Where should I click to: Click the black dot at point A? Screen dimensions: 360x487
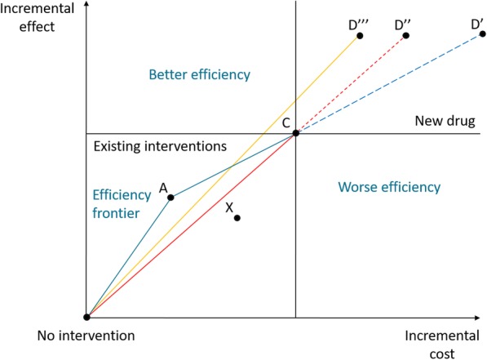[x=170, y=197]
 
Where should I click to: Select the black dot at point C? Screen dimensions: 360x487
[x=295, y=133]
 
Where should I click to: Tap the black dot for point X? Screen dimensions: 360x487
[x=237, y=218]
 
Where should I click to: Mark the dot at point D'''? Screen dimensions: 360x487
[x=359, y=36]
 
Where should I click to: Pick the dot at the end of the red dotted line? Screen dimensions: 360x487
[x=405, y=35]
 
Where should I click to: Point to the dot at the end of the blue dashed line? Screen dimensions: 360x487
[x=482, y=34]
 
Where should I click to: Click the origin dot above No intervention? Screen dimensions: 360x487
[x=86, y=317]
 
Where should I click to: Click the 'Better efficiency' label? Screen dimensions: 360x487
[x=199, y=75]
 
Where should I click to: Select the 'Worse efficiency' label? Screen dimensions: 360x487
[x=389, y=188]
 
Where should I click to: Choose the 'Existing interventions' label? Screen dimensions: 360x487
[x=158, y=148]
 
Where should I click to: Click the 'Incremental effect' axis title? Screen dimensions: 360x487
[x=42, y=18]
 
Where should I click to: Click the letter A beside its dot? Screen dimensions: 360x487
[x=163, y=188]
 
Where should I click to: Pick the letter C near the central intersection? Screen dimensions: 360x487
[x=286, y=122]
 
